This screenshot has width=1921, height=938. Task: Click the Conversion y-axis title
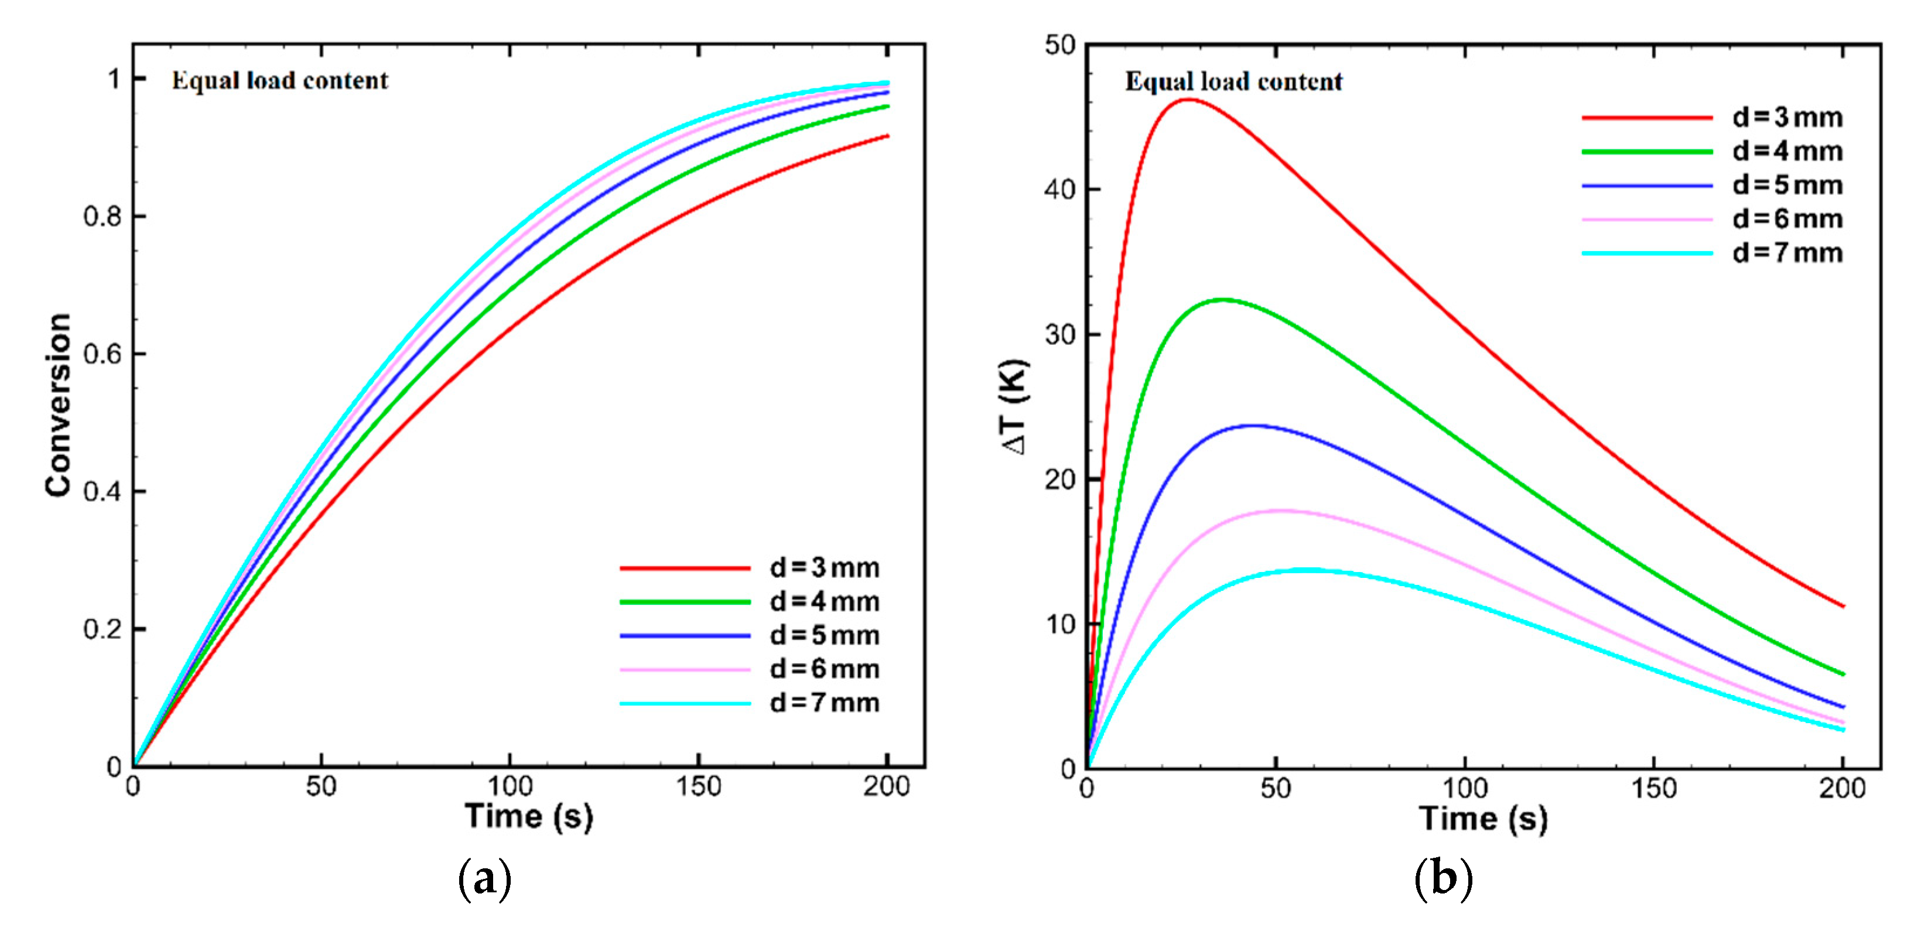point(58,405)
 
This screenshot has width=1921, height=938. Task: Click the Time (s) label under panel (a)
point(529,816)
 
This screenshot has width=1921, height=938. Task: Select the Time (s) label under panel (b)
point(1482,818)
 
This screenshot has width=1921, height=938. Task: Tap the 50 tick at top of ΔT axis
point(1059,46)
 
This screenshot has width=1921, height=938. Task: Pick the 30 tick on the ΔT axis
point(1059,334)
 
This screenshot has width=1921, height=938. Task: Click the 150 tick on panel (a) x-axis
point(698,786)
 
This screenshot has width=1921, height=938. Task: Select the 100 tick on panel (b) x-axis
point(1465,788)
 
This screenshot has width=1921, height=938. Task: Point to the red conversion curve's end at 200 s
point(887,136)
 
